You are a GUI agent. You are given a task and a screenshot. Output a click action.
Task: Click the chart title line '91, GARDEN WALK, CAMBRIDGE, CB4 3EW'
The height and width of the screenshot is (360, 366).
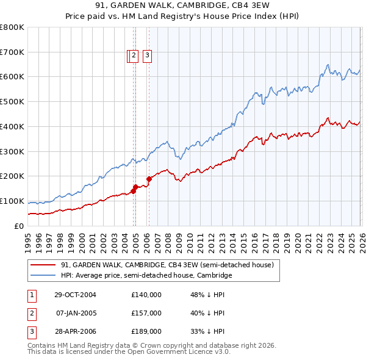point(183,5)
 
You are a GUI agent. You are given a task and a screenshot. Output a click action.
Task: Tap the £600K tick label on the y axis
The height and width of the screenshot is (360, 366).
point(12,77)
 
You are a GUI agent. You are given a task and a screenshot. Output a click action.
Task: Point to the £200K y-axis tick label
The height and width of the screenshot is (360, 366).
point(12,176)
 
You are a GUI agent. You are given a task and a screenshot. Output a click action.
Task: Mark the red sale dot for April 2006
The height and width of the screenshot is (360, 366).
point(149,179)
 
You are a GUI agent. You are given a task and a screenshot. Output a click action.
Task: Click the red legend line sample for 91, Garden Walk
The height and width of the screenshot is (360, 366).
point(43,265)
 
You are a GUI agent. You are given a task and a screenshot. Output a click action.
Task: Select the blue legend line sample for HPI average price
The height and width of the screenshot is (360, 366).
point(43,275)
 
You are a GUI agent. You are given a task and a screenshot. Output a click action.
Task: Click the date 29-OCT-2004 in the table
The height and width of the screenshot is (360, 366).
point(74,295)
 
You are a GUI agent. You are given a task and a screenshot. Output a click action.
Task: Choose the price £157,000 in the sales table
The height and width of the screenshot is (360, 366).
point(146,313)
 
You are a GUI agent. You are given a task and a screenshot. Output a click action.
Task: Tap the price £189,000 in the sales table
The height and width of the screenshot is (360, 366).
point(146,331)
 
